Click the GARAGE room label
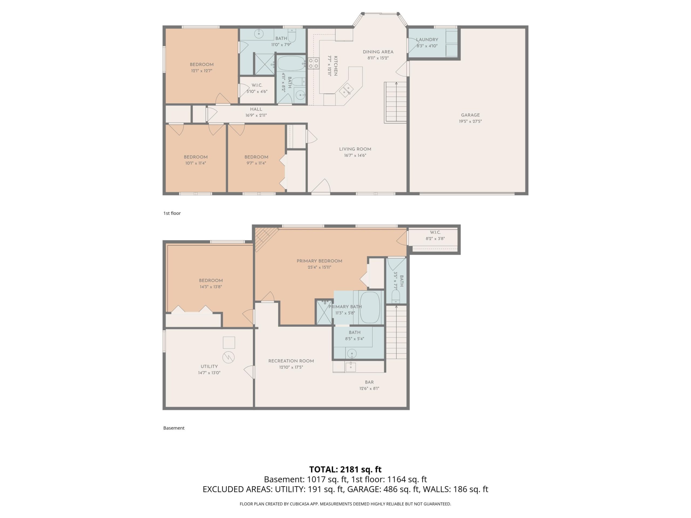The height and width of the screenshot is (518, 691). point(470,115)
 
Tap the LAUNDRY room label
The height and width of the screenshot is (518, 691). point(427,40)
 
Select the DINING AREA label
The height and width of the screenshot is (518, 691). point(378,52)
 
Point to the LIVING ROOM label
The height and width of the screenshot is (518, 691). point(355,149)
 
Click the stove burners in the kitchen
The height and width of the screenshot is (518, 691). point(313,63)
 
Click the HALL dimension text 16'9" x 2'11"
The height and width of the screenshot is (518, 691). point(256,115)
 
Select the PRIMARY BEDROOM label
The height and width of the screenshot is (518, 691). point(319,261)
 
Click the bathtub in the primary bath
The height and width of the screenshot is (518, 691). point(370,308)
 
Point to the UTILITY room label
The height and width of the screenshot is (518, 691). point(209,367)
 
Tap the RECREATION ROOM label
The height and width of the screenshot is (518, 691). point(291,361)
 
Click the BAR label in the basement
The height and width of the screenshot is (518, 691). point(369,382)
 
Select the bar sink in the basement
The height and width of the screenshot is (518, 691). point(351,367)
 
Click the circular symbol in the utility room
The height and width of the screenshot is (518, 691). point(228,357)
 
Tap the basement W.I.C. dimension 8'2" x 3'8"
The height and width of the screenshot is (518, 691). point(435,238)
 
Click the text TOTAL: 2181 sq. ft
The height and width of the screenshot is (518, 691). point(345,469)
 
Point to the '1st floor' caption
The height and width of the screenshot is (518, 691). point(172,213)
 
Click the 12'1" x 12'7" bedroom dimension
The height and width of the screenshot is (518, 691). point(201,71)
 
